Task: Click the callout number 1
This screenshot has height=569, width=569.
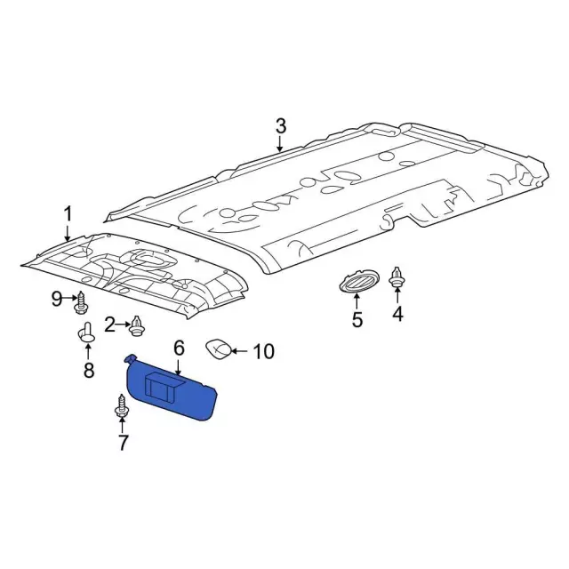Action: [67, 214]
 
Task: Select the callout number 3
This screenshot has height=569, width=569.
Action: [280, 125]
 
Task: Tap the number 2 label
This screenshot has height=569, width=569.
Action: [110, 325]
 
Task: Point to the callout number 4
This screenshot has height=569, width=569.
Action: [397, 313]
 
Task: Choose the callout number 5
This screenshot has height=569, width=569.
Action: [357, 320]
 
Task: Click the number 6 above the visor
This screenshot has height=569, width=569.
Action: [178, 347]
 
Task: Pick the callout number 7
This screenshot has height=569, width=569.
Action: [123, 441]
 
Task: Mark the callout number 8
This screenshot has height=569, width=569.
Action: [88, 370]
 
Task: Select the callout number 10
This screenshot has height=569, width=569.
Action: [264, 352]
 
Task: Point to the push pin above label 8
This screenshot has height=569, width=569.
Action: [87, 335]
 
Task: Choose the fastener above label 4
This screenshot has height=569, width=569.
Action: [397, 278]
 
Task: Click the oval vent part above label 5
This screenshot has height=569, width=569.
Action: [357, 284]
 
